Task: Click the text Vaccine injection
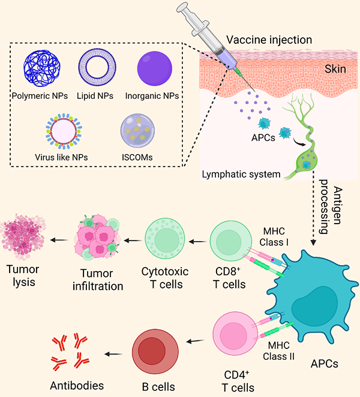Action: [269, 40]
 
